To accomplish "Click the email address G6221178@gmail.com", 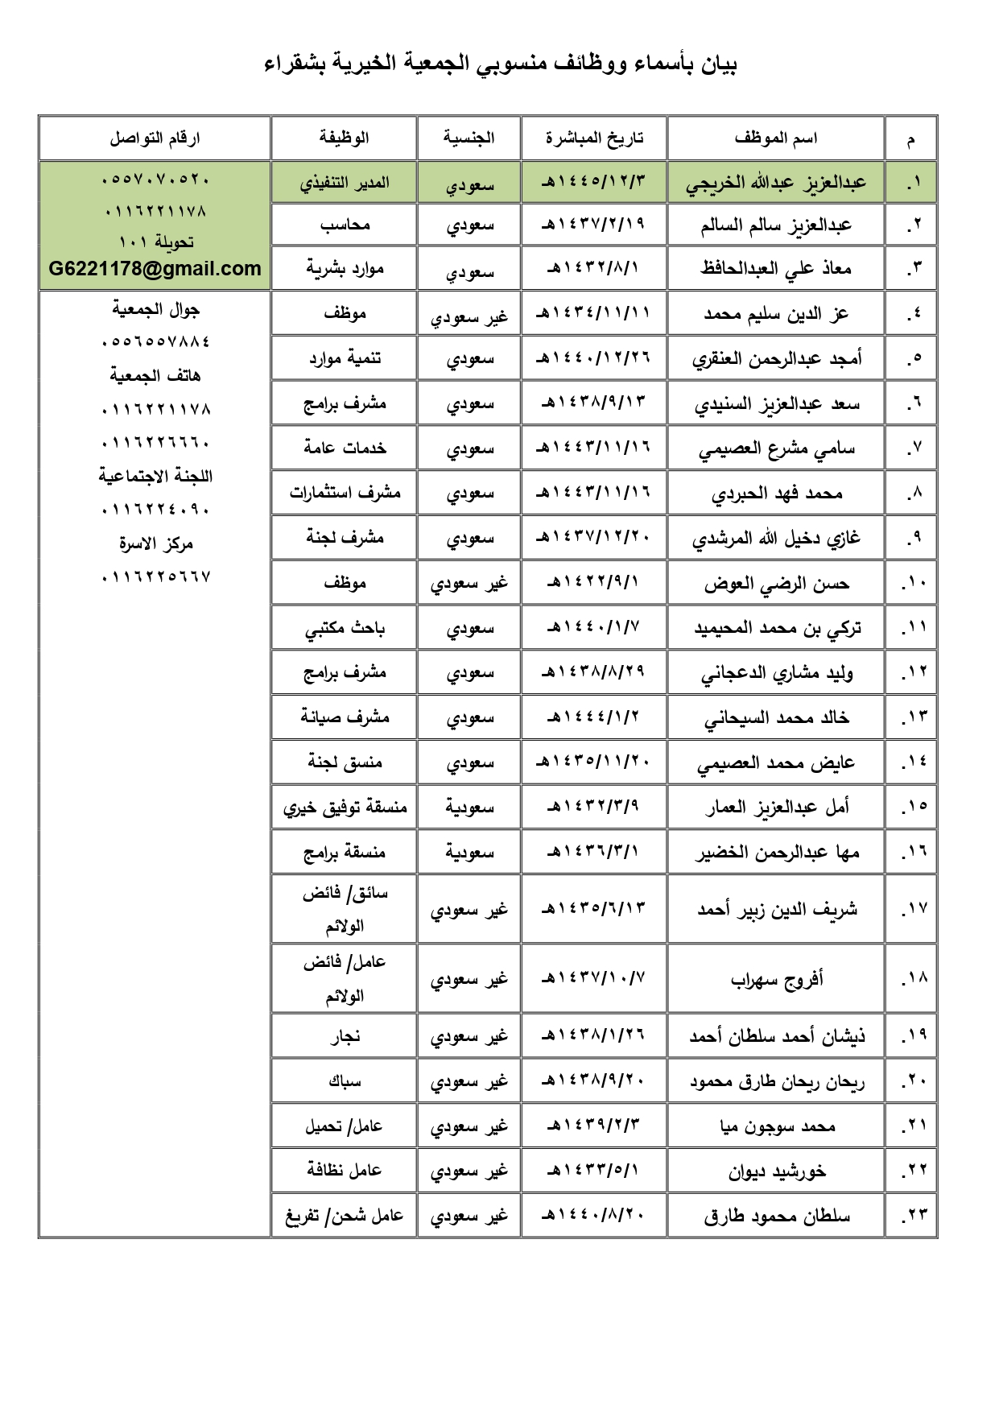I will pyautogui.click(x=155, y=269).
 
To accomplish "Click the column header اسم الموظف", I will pyautogui.click(x=775, y=138).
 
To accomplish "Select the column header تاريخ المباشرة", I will pyautogui.click(x=594, y=138).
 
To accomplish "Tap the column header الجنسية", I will pyautogui.click(x=469, y=138).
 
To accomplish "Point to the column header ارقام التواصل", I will pyautogui.click(x=155, y=138).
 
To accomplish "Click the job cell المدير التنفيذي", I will pyautogui.click(x=345, y=183).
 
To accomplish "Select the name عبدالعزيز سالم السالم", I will pyautogui.click(x=775, y=225).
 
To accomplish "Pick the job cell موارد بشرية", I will pyautogui.click(x=345, y=269).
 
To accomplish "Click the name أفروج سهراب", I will pyautogui.click(x=776, y=980).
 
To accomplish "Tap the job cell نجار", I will pyautogui.click(x=345, y=1037).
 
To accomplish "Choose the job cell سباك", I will pyautogui.click(x=345, y=1081).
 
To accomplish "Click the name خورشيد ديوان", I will pyautogui.click(x=777, y=1171).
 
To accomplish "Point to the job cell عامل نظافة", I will pyautogui.click(x=345, y=1171).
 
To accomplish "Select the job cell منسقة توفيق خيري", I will pyautogui.click(x=345, y=808).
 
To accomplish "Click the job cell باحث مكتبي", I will pyautogui.click(x=345, y=629).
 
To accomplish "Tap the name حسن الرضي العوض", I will pyautogui.click(x=776, y=584).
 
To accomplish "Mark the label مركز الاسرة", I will pyautogui.click(x=155, y=544).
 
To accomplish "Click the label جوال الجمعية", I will pyautogui.click(x=155, y=310).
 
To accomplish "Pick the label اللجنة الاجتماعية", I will pyautogui.click(x=155, y=477).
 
